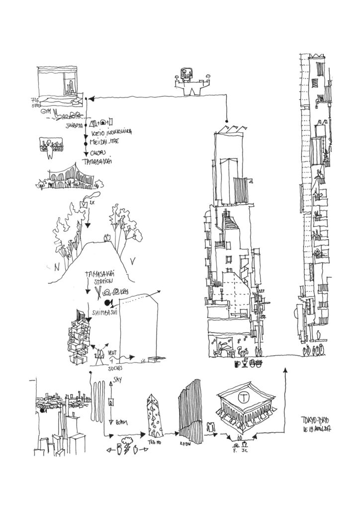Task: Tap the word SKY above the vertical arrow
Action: coord(118,379)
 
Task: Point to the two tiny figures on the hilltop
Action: coord(106,238)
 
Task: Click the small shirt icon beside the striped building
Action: coord(210,426)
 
